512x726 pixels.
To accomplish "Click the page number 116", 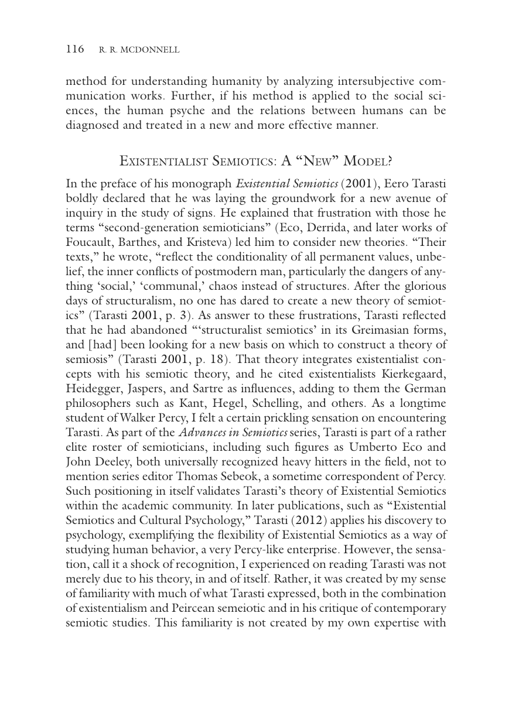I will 74,49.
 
